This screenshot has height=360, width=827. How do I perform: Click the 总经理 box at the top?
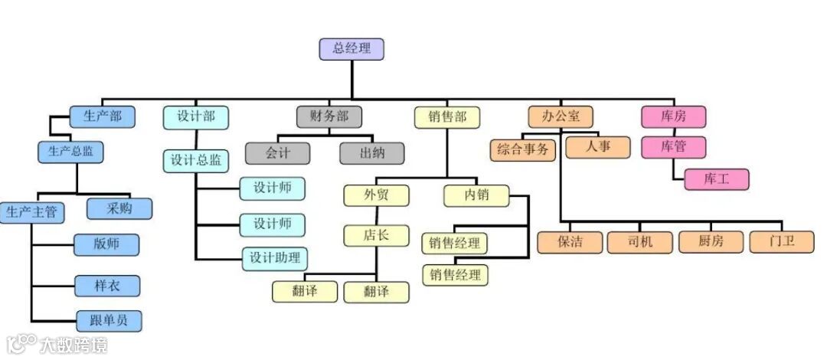(x=351, y=49)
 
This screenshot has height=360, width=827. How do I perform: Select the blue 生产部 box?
(x=102, y=117)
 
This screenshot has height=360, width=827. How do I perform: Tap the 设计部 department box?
(x=195, y=117)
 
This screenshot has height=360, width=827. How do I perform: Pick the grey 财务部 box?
(x=329, y=117)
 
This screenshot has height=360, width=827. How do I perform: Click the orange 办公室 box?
(x=560, y=117)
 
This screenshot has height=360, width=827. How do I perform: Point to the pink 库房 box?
(x=672, y=117)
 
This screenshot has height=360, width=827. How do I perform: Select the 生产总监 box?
(x=70, y=152)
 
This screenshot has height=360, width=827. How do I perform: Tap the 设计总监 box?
(x=195, y=160)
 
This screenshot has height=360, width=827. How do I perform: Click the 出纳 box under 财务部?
(x=372, y=152)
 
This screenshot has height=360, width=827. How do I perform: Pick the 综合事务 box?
(x=523, y=149)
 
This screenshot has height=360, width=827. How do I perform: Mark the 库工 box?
(x=716, y=179)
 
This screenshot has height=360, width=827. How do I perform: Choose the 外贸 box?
(x=376, y=195)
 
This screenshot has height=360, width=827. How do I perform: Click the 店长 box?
(x=376, y=234)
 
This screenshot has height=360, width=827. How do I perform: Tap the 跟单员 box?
(x=108, y=320)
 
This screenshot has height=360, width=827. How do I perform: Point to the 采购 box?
(x=119, y=208)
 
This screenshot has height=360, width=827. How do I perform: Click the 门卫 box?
(x=782, y=242)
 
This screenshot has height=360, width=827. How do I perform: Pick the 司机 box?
(x=640, y=242)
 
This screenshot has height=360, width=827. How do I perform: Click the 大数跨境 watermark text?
(x=74, y=345)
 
